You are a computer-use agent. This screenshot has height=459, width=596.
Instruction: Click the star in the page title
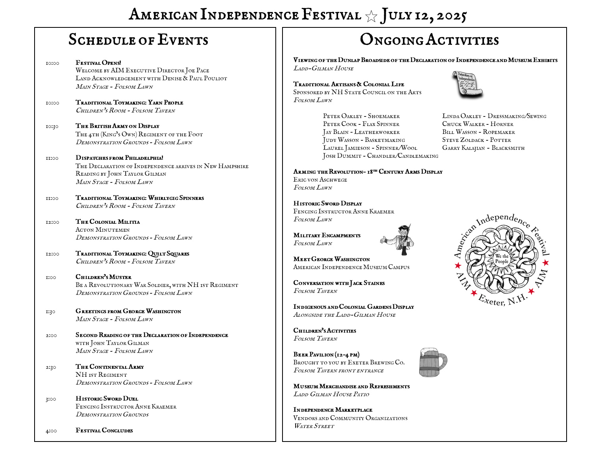click(371, 16)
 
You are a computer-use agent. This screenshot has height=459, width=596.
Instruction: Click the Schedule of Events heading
click(138, 40)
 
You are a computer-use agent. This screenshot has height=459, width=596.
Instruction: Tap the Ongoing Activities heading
click(429, 40)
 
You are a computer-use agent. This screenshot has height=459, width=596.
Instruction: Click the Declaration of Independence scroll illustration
click(467, 84)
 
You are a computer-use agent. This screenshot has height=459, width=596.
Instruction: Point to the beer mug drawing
click(433, 362)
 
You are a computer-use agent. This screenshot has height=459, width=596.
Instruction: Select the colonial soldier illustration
click(399, 239)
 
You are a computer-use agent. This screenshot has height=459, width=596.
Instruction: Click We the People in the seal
click(501, 259)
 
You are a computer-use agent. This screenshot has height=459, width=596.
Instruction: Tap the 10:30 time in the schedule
click(52, 126)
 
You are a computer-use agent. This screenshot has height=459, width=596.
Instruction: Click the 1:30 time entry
click(50, 312)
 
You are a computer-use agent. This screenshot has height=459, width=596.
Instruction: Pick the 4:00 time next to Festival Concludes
click(51, 431)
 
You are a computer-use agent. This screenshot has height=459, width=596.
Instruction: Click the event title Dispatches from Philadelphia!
click(119, 158)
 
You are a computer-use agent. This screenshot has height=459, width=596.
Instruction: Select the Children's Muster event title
click(103, 277)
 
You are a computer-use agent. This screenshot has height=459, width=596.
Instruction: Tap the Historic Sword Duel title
click(107, 399)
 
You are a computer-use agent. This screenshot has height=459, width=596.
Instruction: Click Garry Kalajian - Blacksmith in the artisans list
click(483, 148)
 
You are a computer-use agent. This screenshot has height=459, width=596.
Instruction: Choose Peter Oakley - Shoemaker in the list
click(361, 116)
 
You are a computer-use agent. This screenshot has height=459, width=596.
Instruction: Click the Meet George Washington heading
click(331, 259)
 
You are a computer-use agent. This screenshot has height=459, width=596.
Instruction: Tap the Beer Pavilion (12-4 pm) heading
click(326, 354)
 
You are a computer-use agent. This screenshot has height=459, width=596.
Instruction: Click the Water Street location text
click(314, 426)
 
